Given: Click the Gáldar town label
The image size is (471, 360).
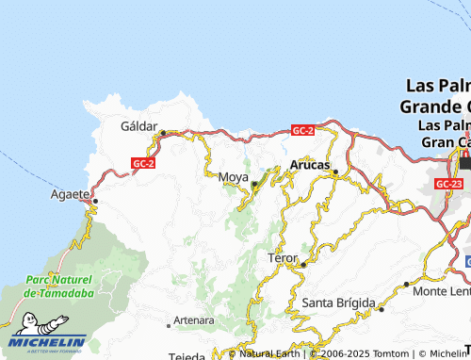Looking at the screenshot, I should [138, 124].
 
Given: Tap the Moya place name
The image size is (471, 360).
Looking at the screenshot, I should [233, 176].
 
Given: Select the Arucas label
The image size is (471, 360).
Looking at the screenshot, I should [309, 165].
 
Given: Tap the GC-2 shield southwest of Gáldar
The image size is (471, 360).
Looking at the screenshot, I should [143, 162].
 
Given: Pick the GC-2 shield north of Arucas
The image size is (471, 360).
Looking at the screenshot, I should [302, 130].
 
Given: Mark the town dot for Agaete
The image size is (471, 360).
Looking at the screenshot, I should [95, 199].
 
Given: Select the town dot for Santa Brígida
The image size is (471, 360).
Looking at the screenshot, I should [382, 308].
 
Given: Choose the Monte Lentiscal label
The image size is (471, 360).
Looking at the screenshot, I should [442, 290].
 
